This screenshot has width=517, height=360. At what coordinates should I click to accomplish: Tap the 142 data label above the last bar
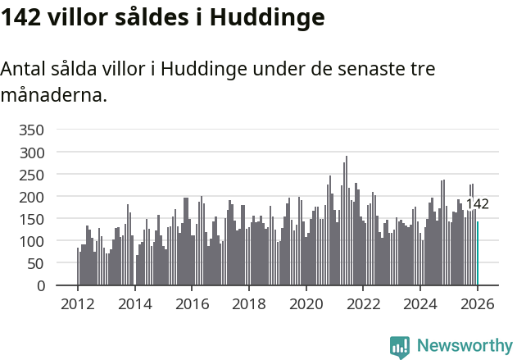(x=477, y=204)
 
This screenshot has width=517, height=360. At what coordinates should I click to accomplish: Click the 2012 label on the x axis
(x=78, y=304)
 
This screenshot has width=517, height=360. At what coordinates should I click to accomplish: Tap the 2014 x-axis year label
(x=135, y=304)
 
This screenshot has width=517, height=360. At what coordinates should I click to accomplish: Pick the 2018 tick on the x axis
(x=249, y=304)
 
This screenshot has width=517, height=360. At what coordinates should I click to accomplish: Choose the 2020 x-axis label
(x=306, y=304)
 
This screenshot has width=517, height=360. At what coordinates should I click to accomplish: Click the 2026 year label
(x=478, y=304)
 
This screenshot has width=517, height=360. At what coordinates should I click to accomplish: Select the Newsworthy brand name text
(x=464, y=346)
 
